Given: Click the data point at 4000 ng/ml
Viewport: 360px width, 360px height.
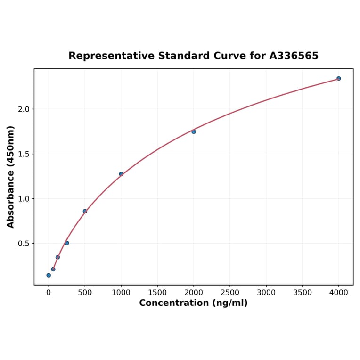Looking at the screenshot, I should pos(339,78).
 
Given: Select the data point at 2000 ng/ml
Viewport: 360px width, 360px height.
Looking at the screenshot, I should pos(194,131).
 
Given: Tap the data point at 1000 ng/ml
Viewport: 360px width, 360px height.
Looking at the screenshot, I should pos(121,174).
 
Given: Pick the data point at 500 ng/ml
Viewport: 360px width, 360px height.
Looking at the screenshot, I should pos(85,211).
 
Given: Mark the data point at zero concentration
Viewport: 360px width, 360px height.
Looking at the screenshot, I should pos(49,275).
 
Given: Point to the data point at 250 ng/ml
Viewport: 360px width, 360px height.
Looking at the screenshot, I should pos(67,243).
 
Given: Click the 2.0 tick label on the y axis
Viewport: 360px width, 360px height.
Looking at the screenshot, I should pos(24,109).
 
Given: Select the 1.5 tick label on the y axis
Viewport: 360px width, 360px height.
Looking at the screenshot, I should pos(24,154).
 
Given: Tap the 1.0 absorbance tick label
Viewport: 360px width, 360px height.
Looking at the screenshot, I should pos(24,199).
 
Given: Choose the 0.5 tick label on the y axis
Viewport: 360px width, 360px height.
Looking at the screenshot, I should pos(24,244).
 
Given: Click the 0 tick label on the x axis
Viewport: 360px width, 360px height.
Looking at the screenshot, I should pos(49,292).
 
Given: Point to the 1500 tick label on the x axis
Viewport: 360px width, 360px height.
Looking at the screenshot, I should pos(157,292).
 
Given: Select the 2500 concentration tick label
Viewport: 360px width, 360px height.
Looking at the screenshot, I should pos(230,292).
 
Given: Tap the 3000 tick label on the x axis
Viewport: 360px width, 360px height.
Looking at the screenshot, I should pos(266,292).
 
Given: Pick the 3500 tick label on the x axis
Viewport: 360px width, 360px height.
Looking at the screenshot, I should pos(303,292).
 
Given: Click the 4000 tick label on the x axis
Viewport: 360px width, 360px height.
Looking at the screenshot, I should pos(339,292).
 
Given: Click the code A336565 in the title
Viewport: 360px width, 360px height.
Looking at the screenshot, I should pos(294,56).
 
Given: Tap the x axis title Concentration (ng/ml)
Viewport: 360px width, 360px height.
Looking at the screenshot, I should pos(193,303).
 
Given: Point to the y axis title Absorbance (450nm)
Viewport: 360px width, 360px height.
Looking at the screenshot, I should pos(11,177).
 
